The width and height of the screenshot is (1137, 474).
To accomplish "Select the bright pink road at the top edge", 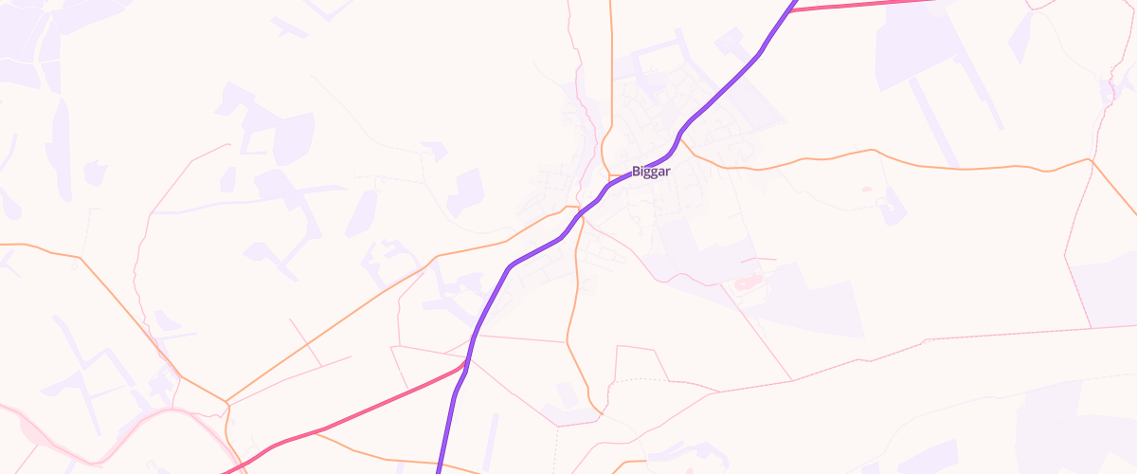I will pos(872,6).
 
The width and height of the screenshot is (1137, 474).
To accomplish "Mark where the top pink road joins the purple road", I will pos(790,10).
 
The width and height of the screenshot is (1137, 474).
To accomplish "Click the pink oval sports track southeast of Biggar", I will pos(748,283).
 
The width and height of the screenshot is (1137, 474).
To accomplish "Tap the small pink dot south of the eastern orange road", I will pos(866,190).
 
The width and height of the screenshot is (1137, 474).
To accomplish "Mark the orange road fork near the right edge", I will pos(1092,160).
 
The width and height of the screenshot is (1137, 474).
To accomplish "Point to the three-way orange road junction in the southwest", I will pos(227,405).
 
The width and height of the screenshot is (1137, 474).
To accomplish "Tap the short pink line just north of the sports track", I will pos(758,259).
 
